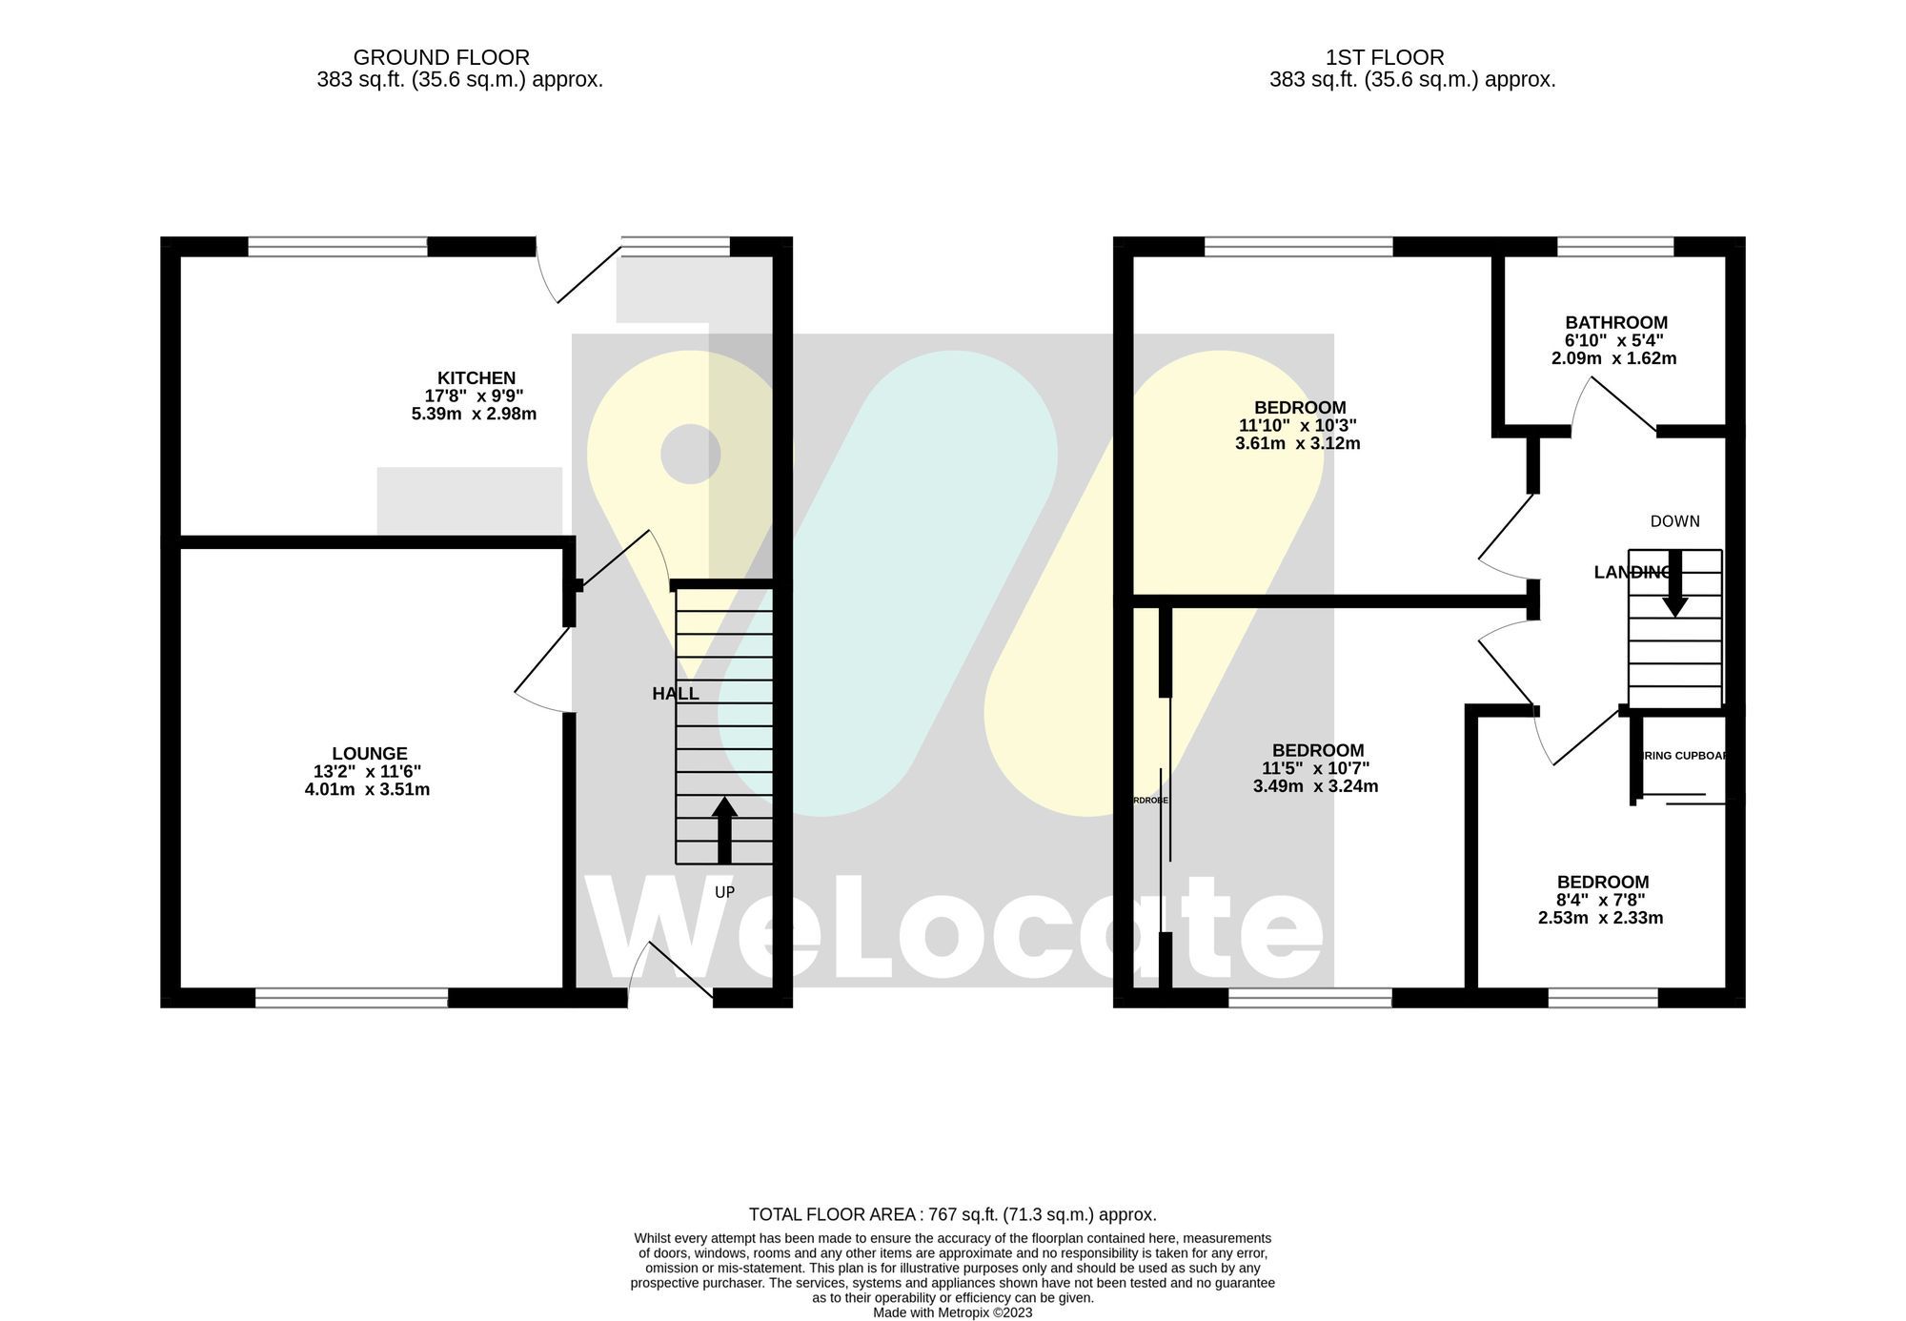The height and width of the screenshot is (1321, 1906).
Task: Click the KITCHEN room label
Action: click(x=476, y=378)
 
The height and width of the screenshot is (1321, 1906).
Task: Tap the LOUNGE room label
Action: click(x=370, y=754)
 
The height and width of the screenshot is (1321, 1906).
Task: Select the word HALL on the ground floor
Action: click(x=675, y=694)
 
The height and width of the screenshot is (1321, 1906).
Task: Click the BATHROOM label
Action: click(x=1616, y=323)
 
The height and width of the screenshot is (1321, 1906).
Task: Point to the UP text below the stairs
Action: click(x=724, y=893)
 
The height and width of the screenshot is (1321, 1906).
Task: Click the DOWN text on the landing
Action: click(x=1674, y=521)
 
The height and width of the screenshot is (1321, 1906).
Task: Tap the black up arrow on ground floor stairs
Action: click(x=724, y=829)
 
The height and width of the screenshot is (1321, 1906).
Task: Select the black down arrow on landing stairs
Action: click(x=1674, y=583)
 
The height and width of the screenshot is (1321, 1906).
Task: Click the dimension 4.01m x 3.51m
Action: click(x=367, y=789)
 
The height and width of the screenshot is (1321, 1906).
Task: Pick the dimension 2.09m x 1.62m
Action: click(x=1613, y=359)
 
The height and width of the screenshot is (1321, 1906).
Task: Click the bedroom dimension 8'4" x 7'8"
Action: click(x=1601, y=900)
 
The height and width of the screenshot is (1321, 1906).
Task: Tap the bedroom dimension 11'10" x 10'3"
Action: click(x=1297, y=426)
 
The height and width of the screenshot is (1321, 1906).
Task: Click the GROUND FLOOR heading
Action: click(x=441, y=57)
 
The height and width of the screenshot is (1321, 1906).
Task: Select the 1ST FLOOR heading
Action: click(x=1384, y=57)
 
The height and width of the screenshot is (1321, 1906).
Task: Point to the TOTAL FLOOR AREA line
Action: click(x=952, y=1214)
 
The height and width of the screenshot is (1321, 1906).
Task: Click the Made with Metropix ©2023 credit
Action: click(x=952, y=1312)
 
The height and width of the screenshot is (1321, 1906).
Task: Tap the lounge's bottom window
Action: click(x=351, y=998)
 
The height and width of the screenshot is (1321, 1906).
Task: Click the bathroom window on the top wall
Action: click(x=1615, y=247)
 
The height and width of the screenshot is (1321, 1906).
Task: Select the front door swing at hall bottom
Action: click(x=672, y=972)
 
